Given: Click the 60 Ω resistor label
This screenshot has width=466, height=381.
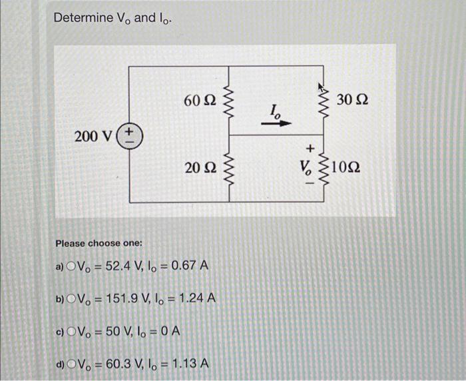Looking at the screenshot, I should point(200,101).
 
